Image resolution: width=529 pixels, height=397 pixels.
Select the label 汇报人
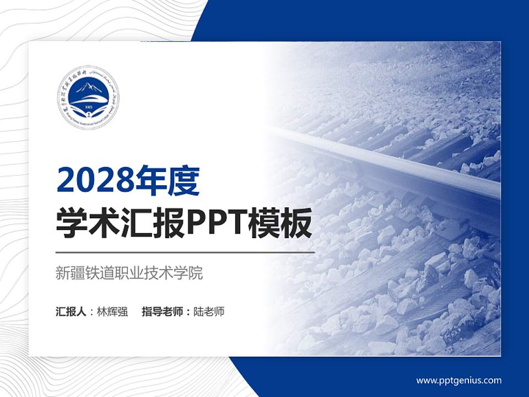71,312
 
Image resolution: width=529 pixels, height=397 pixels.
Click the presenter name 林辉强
112,312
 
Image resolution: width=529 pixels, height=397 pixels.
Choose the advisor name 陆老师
209,312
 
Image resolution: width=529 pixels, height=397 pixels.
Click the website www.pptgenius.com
459,380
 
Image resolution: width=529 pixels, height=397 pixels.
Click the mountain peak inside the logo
88,88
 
